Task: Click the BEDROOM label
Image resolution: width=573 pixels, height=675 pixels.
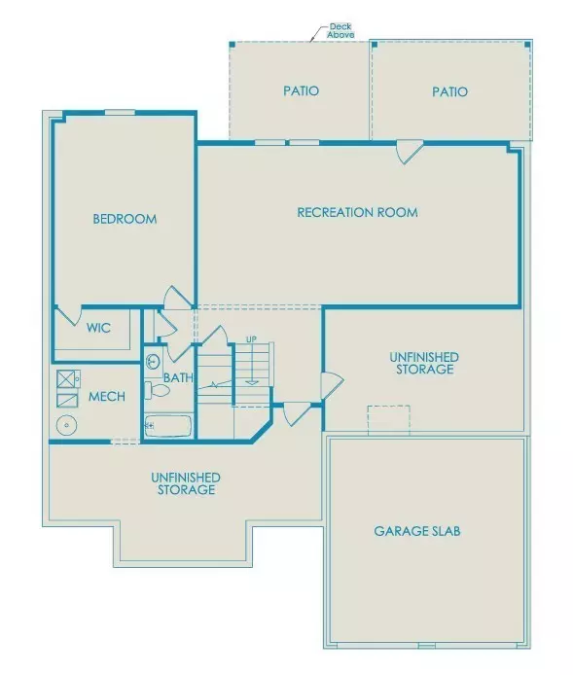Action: (x=125, y=219)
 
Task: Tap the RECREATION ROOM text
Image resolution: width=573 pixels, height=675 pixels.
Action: (x=357, y=212)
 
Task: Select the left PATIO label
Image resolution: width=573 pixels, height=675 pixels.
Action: (x=301, y=91)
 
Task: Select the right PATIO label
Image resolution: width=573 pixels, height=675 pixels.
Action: (x=449, y=91)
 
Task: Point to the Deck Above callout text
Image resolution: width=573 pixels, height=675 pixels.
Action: (x=340, y=30)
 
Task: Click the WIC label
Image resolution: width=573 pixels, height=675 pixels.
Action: (x=98, y=329)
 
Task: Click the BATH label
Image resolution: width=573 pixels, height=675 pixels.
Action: (x=177, y=377)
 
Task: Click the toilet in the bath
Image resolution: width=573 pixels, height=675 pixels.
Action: (x=158, y=391)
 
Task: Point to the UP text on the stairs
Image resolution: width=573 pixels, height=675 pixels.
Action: (x=251, y=339)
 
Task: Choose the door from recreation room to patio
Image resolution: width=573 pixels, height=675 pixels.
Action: (x=409, y=152)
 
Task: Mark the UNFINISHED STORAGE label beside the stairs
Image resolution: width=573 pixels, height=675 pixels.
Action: (x=424, y=364)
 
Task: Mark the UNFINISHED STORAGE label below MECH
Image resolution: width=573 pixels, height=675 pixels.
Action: (x=185, y=483)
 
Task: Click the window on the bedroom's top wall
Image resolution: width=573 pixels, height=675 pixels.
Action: (x=120, y=112)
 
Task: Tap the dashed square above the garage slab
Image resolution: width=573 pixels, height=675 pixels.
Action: (x=388, y=419)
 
